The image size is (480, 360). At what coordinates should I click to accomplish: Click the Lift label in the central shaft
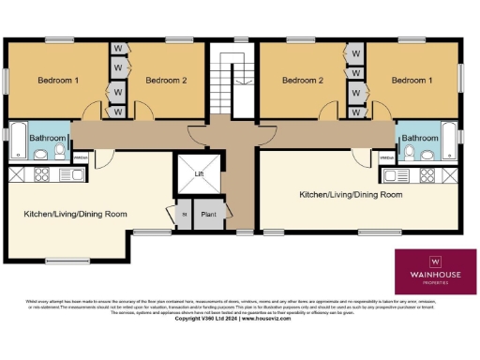197,173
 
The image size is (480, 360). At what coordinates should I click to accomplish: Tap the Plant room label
209,215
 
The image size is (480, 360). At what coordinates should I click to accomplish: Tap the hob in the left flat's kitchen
42,174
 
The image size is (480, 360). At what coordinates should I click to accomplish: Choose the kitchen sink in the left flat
71,174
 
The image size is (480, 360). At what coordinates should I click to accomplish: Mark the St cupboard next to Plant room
183,215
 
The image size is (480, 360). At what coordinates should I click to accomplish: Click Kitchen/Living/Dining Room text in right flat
351,195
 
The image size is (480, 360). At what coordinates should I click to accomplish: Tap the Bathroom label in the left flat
48,138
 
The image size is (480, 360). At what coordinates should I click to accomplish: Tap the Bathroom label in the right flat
420,138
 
